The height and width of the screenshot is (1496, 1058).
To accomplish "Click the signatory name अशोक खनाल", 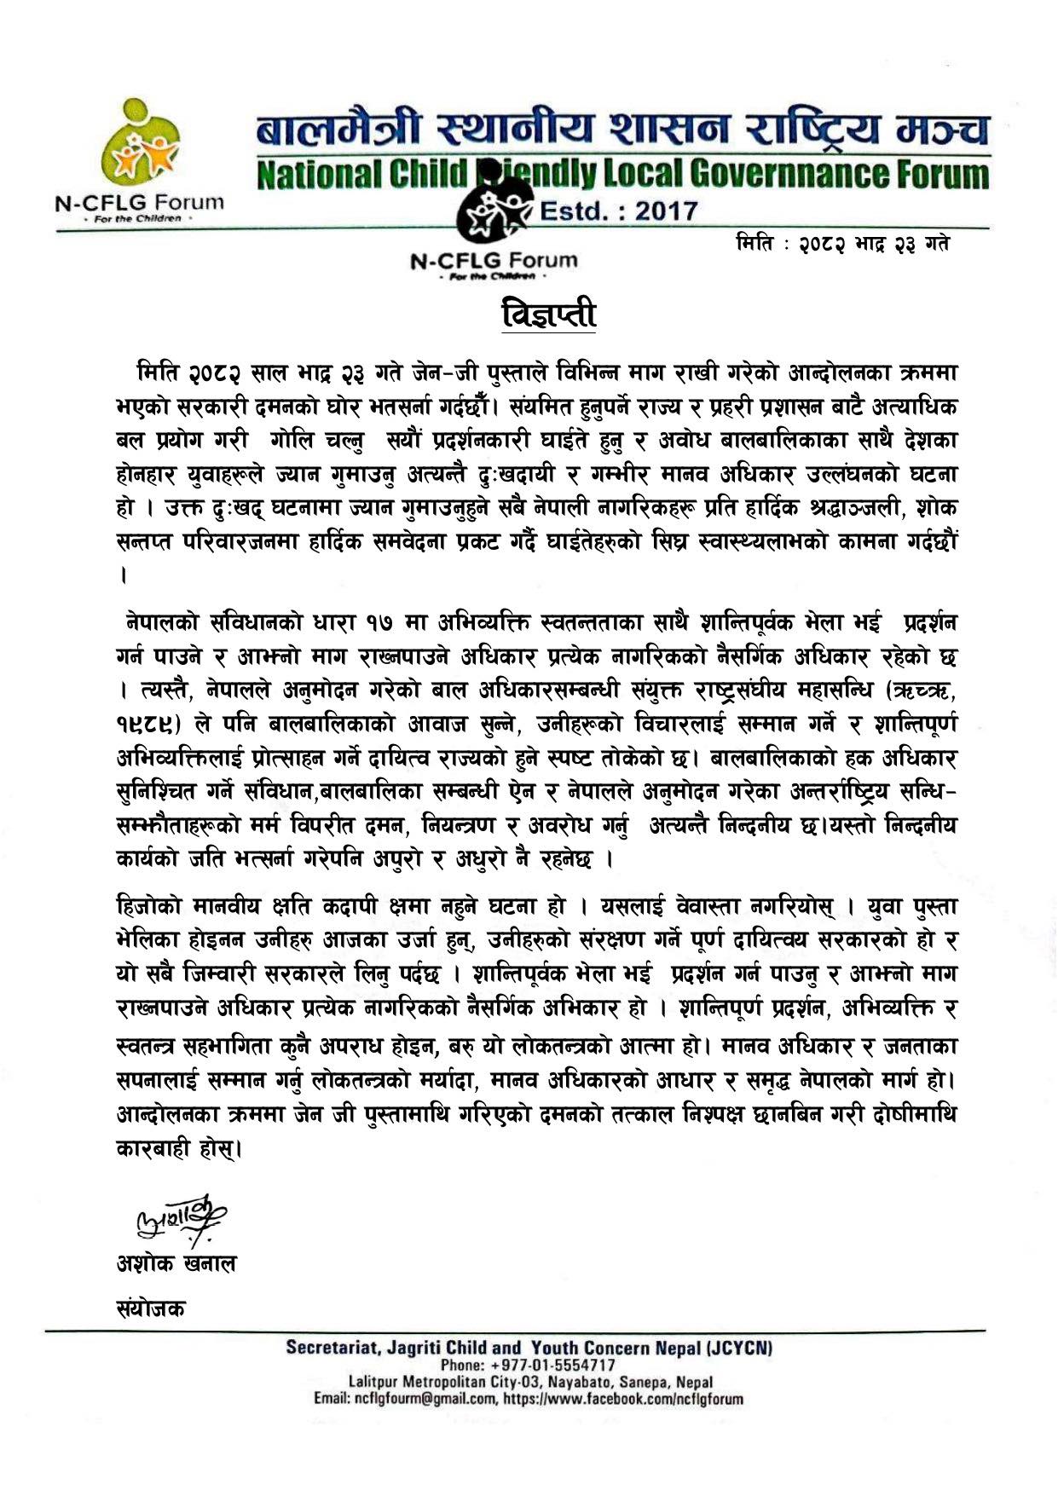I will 176,1262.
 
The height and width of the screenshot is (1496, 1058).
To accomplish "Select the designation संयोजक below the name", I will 151,1308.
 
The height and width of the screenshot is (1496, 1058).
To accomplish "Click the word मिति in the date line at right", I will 755,244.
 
